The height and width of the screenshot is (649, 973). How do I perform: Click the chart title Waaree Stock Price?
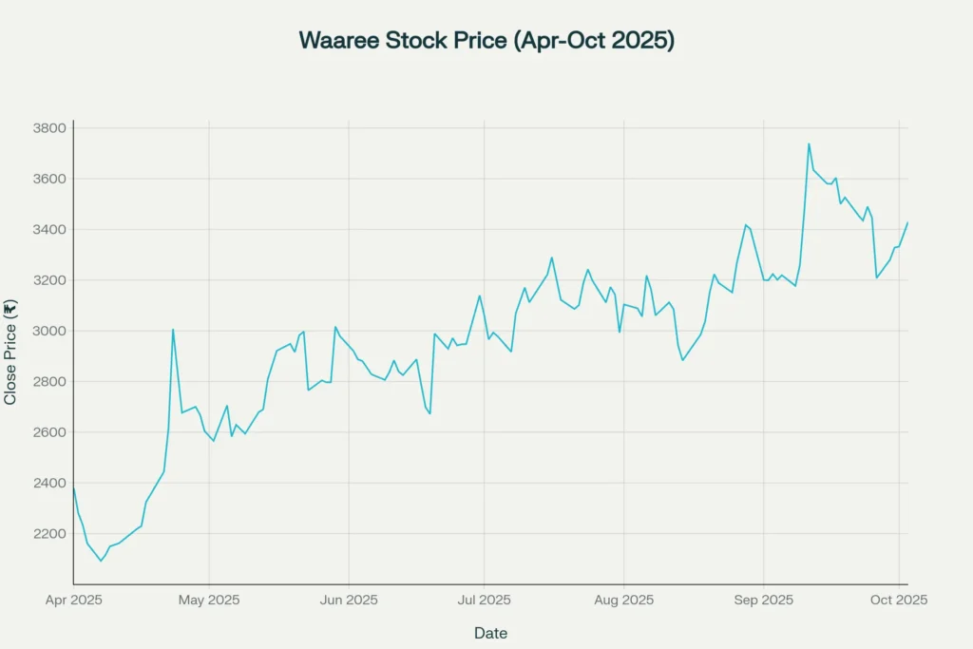point(486,40)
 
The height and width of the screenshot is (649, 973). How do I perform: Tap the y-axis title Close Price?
point(10,353)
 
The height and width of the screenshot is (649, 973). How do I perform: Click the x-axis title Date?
point(490,633)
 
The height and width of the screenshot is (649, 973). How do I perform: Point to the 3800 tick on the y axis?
point(50,128)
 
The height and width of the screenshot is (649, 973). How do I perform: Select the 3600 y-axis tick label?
point(50,179)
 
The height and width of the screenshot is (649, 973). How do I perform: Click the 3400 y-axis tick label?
point(50,230)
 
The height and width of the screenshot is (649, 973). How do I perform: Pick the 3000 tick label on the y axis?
point(50,331)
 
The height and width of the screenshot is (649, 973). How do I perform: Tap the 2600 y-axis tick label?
point(50,432)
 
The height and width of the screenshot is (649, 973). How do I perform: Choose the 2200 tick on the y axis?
point(50,534)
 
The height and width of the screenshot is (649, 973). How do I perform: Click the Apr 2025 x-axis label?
point(74,601)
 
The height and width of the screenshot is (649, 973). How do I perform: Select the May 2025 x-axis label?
point(209,601)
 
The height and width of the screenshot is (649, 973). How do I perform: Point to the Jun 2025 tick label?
point(349,601)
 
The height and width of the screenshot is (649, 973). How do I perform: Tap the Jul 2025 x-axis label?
point(484,601)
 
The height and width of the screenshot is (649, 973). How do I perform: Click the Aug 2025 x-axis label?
point(623,601)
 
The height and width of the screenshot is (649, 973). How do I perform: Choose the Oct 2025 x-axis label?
point(898,601)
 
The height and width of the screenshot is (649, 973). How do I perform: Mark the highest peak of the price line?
point(809,144)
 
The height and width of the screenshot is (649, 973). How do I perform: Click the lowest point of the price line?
point(101,561)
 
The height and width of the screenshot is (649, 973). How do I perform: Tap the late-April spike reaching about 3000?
point(173,330)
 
